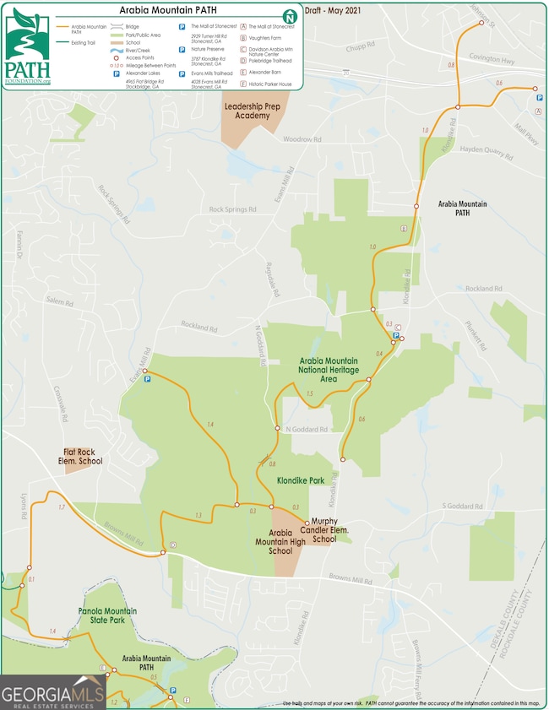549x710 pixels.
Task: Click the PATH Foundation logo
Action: point(28,47)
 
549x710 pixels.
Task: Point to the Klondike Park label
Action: point(301,480)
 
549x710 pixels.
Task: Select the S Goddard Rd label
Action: point(462,507)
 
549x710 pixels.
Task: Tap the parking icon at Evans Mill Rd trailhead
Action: point(148,380)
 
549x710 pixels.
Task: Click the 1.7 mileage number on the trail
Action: point(61,507)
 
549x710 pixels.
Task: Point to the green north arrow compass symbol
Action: point(290,16)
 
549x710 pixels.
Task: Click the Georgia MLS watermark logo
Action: point(52,693)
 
